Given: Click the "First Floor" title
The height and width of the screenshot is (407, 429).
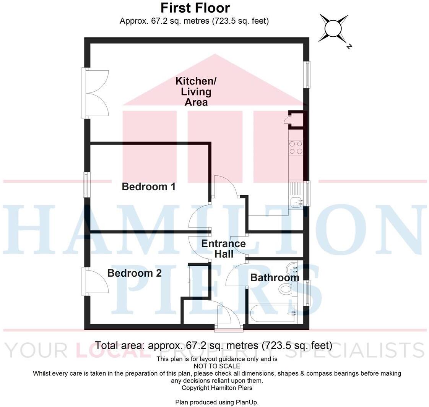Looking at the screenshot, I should click(x=195, y=8).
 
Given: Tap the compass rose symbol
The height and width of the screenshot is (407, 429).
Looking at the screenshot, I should click(x=333, y=29).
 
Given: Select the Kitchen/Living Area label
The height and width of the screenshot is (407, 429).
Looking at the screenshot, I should click(x=196, y=92).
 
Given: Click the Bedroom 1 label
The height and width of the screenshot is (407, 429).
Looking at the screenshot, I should click(x=148, y=187).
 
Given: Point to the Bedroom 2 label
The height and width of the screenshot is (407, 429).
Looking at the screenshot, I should click(x=134, y=273).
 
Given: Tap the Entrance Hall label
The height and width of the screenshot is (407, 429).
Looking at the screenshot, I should click(x=224, y=249).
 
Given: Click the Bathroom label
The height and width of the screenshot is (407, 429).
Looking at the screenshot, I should click(x=274, y=277).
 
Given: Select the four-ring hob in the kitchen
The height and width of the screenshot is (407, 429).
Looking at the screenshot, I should click(x=296, y=148).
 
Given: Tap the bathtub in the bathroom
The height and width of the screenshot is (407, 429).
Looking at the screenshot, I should click(x=273, y=313).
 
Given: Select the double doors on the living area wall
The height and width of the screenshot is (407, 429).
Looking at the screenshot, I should click(x=96, y=93).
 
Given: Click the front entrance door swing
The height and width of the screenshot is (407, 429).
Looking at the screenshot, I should click(x=229, y=315).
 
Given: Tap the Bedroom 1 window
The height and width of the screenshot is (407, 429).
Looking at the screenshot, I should click(x=87, y=185).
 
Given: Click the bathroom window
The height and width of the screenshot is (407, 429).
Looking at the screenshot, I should click(x=307, y=292).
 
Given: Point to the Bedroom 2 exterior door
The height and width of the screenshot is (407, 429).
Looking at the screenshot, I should click(x=94, y=282).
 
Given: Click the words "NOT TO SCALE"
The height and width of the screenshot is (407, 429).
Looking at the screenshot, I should click(x=217, y=366).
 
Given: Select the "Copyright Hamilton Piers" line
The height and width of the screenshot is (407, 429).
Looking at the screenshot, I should click(x=217, y=388).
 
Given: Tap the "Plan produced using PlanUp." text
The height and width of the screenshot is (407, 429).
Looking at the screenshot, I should click(x=217, y=402).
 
